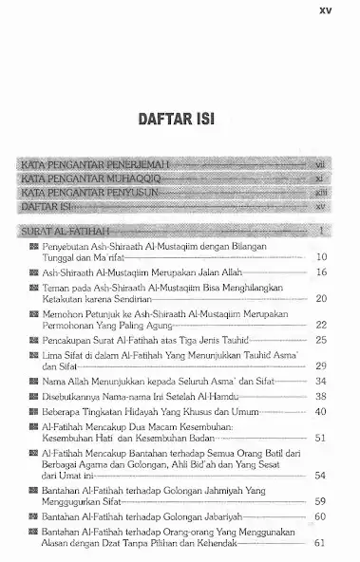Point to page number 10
[321, 257]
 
